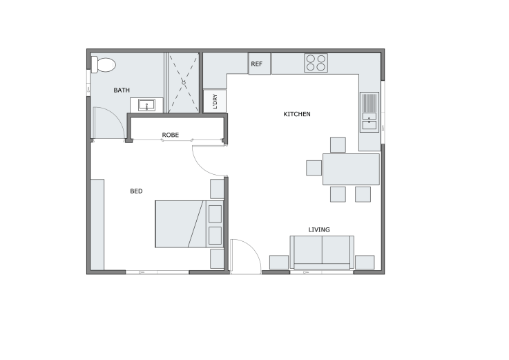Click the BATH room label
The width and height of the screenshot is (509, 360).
122,90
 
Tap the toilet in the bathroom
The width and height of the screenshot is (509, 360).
104,64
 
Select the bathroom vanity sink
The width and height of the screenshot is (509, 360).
146,106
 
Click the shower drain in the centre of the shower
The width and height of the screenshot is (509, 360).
184,82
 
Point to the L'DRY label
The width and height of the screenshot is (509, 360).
215,102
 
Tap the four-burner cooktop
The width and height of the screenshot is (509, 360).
316,63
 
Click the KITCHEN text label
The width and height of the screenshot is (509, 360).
297,114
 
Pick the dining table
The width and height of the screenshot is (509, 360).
351,169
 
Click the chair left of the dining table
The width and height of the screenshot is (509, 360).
314,168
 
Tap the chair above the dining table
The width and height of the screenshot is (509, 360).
338,144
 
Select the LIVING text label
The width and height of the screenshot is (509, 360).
319,229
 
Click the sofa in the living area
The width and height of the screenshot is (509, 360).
322,252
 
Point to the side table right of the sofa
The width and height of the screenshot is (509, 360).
365,262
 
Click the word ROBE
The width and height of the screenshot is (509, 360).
171,135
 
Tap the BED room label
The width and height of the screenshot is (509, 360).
136,191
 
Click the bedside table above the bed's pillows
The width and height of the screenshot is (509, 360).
217,189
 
